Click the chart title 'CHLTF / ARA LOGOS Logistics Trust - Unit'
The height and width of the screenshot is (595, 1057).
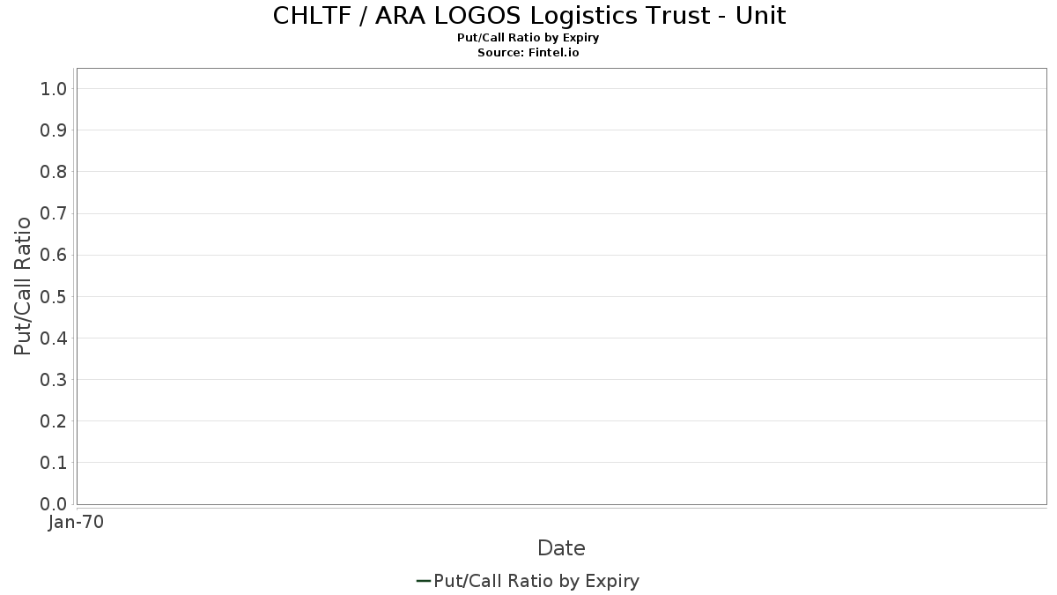tap(529, 16)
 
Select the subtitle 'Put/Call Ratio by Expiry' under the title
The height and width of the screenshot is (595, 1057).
tap(528, 38)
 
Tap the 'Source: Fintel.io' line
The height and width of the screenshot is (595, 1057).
tap(528, 52)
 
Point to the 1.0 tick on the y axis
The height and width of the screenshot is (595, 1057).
tap(54, 89)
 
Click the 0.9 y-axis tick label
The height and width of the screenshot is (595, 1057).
tap(54, 130)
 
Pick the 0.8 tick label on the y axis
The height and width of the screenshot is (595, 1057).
tap(54, 172)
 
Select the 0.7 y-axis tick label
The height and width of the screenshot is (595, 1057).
tap(54, 213)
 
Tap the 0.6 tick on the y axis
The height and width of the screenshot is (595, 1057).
tap(54, 255)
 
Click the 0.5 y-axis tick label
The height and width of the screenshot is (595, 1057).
tap(54, 296)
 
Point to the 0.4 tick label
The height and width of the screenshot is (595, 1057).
tap(54, 338)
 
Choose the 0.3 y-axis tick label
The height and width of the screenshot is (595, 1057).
tap(54, 380)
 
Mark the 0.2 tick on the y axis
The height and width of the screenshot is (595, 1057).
tap(54, 421)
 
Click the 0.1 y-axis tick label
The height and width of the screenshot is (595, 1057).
tap(54, 463)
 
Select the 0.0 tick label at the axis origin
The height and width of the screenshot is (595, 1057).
tap(54, 504)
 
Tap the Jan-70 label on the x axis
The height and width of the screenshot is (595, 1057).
tap(76, 522)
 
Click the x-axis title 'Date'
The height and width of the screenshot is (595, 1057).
tap(561, 548)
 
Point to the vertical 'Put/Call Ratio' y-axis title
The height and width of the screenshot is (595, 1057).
tap(22, 286)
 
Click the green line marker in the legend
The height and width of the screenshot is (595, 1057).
tap(424, 581)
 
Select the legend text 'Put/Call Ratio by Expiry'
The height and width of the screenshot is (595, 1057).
tap(536, 581)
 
